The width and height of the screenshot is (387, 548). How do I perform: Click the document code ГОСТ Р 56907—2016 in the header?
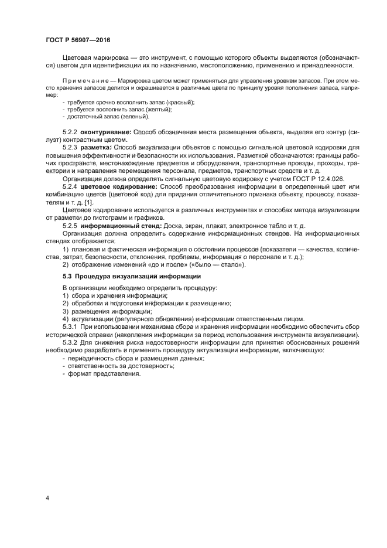[77, 40]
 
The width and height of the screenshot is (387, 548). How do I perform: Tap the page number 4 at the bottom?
[47, 498]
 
